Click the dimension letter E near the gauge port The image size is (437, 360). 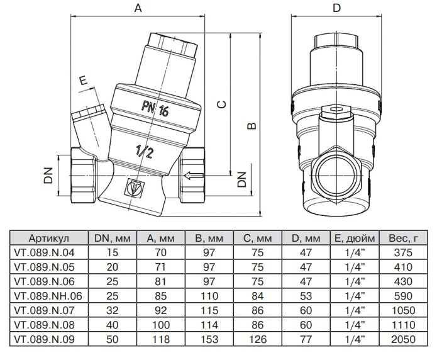[x=82, y=80]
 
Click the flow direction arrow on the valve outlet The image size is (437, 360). [x=194, y=175]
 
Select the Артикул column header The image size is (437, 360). [x=48, y=240]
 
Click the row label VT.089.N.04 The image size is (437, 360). [x=48, y=253]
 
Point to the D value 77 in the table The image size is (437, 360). [x=305, y=338]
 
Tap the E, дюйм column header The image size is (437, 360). [x=352, y=240]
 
